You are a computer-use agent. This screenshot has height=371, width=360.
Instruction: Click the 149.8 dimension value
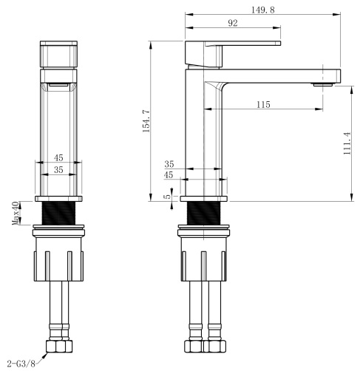[x=262, y=10]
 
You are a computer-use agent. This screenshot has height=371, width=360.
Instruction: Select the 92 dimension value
[x=233, y=23]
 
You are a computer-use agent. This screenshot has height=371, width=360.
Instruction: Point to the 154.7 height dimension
[x=146, y=121]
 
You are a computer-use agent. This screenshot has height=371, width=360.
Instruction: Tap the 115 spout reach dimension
[x=263, y=104]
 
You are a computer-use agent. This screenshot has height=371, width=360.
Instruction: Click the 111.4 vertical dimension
[x=347, y=143]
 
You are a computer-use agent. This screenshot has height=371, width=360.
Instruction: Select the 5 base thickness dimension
[x=167, y=197]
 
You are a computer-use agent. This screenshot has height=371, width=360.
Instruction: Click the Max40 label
[x=16, y=213]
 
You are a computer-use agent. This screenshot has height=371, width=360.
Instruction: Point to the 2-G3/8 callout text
[x=21, y=364]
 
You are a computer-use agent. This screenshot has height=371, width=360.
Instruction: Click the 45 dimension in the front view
[x=58, y=157]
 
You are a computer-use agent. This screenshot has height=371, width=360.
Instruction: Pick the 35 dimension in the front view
[x=58, y=170]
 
